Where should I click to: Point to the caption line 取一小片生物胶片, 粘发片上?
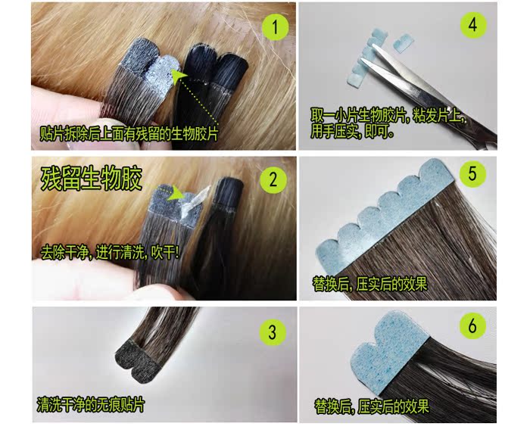point(390,116)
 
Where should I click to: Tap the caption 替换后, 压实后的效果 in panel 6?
point(370,405)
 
